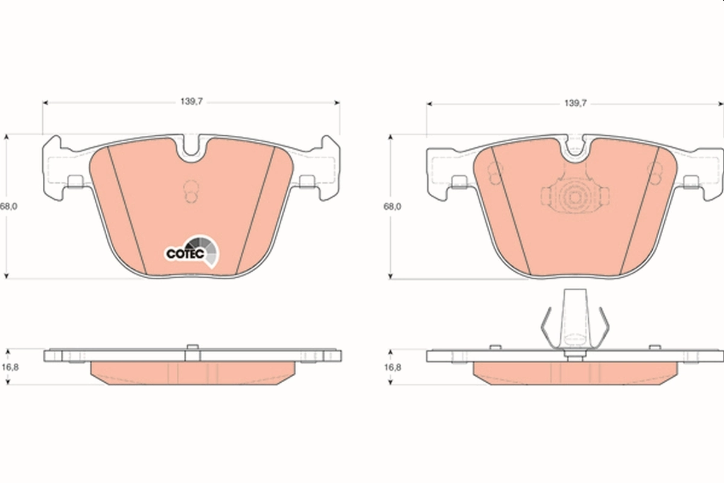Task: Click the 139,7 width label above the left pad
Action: pos(191,103)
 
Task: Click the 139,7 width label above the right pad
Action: pos(576,103)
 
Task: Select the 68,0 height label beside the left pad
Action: pos(8,206)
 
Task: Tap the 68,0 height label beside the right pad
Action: pos(392,206)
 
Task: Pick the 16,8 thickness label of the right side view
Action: pos(392,366)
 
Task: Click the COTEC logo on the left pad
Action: pos(192,253)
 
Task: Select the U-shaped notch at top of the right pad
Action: pos(576,151)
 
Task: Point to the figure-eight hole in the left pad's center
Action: pos(190,191)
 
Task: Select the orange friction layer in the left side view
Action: pos(192,373)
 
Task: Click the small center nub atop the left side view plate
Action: pos(192,347)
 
